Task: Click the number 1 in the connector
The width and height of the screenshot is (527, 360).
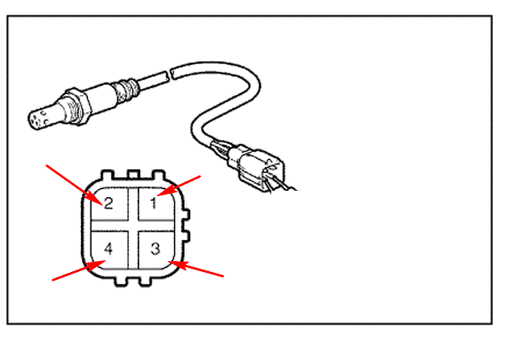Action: click(x=154, y=203)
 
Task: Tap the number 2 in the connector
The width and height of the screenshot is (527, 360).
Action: click(x=108, y=204)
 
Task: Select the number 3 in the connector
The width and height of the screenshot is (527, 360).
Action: click(x=155, y=249)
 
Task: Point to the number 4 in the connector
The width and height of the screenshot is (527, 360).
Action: click(x=108, y=249)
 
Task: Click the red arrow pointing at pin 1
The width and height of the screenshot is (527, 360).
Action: click(x=178, y=185)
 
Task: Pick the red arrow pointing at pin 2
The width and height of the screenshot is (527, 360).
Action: click(x=74, y=185)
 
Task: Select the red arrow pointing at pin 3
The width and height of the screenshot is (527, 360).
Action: click(x=196, y=269)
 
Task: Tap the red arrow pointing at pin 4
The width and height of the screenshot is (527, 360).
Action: click(x=80, y=270)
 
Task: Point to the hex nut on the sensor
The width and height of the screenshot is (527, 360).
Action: click(x=78, y=106)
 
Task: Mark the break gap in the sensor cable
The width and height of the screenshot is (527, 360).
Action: click(x=170, y=74)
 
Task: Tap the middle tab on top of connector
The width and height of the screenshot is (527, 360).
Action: click(x=134, y=174)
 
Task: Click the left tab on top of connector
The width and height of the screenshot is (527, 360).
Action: click(x=107, y=175)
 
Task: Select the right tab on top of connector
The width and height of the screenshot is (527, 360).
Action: click(x=158, y=175)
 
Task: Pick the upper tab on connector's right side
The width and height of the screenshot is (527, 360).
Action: click(x=186, y=214)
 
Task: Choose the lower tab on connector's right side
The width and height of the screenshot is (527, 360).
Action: click(x=186, y=236)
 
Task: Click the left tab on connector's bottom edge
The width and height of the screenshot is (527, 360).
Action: click(x=120, y=281)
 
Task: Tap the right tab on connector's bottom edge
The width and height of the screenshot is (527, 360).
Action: click(x=145, y=281)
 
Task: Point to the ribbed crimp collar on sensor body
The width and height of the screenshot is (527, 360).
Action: click(x=126, y=90)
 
